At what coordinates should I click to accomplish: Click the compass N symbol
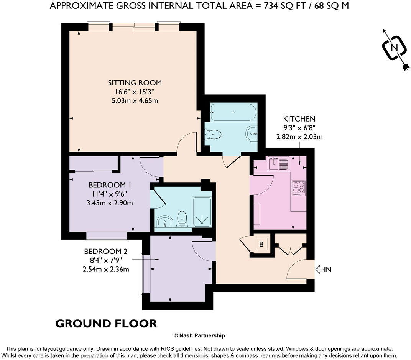tap(394, 48)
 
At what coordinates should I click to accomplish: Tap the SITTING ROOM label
tap(135, 83)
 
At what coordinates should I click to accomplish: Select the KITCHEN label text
tap(299, 119)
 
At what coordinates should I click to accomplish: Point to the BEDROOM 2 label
tap(105, 252)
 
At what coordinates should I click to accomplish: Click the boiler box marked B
tap(261, 244)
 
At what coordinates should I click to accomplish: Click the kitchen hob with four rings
tap(299, 188)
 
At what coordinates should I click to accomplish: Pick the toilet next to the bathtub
tap(213, 134)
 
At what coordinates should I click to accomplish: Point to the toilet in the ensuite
tap(182, 219)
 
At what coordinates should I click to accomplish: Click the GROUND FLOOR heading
tap(106, 323)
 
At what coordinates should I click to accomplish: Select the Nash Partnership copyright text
tap(199, 335)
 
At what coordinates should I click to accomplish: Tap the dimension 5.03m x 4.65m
tap(135, 101)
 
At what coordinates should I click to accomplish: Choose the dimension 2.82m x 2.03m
tap(299, 136)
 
